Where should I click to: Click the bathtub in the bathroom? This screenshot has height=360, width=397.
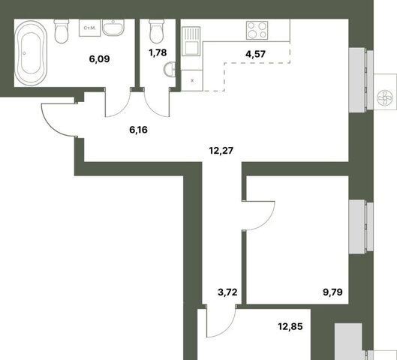coord(31,53)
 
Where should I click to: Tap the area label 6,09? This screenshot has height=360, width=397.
coord(100,59)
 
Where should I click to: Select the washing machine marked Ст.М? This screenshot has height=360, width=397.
coord(90,28)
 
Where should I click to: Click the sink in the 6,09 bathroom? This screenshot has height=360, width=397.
coord(113,27)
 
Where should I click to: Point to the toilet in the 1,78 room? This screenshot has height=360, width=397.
coord(157,31)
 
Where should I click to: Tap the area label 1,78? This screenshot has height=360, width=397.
coord(158,52)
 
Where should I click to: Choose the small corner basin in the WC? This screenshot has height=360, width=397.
coord(170,69)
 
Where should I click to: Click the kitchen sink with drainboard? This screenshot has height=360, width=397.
coord(191,41)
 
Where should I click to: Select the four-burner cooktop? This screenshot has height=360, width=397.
coord(257,30)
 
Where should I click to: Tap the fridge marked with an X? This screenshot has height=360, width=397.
coord(192,80)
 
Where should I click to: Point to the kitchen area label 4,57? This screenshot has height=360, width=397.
coord(255,54)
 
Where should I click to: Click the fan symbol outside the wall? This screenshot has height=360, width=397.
coord(384,98)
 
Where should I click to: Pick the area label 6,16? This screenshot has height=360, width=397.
coord(138,130)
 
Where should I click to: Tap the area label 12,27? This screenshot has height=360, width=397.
coord(221,151)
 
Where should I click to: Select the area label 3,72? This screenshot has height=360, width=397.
coord(227,292)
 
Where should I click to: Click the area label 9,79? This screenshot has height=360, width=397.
coord(332,292)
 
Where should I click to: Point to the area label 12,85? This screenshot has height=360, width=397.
coord(290,326)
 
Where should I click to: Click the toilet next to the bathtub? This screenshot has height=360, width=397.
coord(62,31)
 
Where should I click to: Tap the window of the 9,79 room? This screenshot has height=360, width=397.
coord(361,226)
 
